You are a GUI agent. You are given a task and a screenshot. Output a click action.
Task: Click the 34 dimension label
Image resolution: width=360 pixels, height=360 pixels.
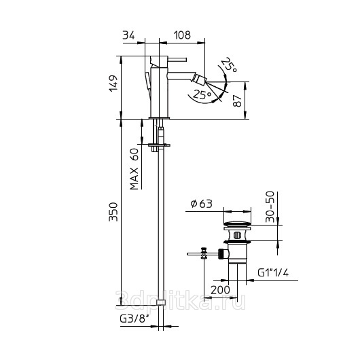[128, 35]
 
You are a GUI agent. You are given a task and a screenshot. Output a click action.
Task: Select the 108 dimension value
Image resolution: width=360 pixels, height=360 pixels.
[182, 35]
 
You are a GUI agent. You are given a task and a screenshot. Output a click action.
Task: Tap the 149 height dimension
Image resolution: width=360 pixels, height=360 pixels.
[113, 83]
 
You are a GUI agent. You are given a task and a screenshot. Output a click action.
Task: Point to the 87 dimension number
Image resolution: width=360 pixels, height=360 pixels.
[238, 101]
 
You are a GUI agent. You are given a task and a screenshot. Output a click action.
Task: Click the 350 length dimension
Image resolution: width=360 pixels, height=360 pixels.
[113, 212]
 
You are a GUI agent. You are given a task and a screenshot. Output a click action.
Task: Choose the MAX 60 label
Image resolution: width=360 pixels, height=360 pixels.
[134, 169]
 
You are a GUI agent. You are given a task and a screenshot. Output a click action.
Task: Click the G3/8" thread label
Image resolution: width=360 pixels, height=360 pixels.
[134, 319]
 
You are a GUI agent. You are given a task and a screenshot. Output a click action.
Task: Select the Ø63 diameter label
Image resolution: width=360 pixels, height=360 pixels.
[202, 204]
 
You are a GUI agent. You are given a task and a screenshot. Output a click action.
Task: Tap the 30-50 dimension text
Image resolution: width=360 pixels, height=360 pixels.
[270, 206]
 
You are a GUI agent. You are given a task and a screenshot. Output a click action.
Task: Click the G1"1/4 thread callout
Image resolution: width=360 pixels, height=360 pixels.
[273, 273]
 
